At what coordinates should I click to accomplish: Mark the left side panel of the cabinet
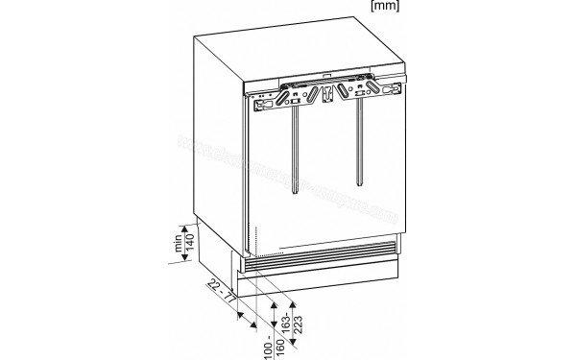pyautogui.click(x=216, y=154)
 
